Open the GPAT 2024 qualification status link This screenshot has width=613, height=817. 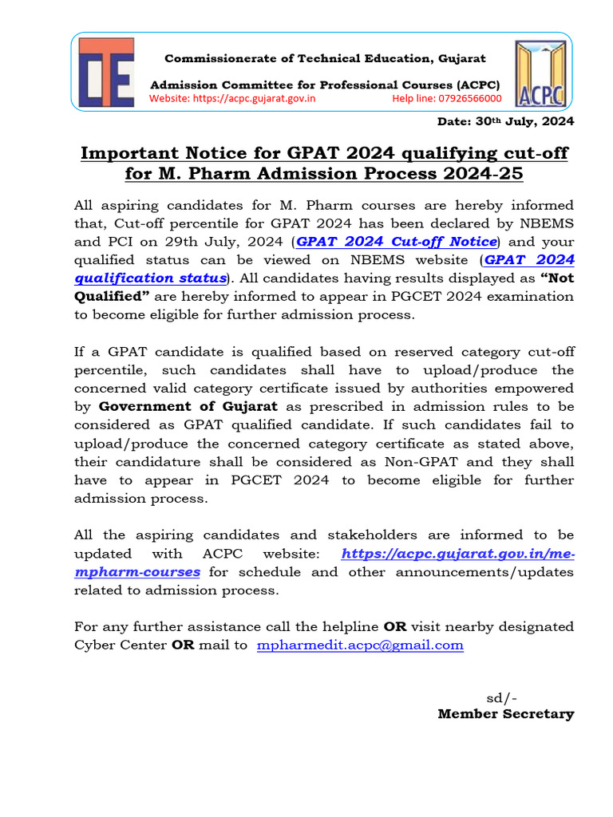tap(323, 269)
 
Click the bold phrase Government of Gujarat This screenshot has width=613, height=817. tap(188, 407)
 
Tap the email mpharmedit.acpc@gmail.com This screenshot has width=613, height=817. tap(360, 645)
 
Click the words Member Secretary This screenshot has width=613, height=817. tap(505, 714)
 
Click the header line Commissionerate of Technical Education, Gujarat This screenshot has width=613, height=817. tap(325, 59)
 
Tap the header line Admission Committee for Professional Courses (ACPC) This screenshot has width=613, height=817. tap(326, 85)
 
